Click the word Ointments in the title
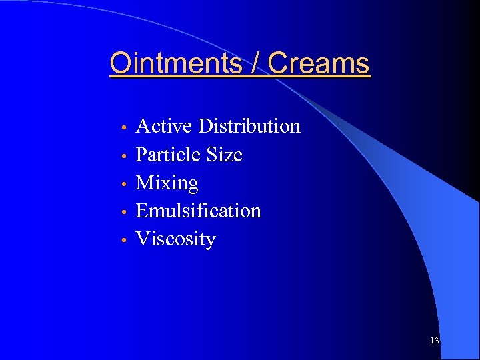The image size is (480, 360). (176, 63)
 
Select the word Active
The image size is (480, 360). (164, 126)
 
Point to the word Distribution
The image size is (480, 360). (249, 126)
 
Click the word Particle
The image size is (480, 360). (169, 155)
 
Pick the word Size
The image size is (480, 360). (225, 155)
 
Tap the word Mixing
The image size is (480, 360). (167, 183)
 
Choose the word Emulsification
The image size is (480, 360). (198, 211)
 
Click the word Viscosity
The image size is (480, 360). (175, 239)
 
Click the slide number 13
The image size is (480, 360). (435, 341)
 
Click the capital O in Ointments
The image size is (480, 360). (121, 63)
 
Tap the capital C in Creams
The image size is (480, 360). (278, 63)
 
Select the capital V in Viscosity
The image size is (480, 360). (142, 239)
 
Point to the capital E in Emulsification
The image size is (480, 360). (142, 211)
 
